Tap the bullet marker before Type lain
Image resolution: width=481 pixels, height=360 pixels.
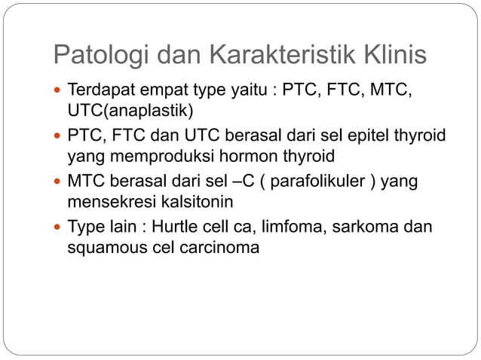pos(59,227)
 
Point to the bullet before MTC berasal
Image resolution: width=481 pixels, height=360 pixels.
pos(59,182)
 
